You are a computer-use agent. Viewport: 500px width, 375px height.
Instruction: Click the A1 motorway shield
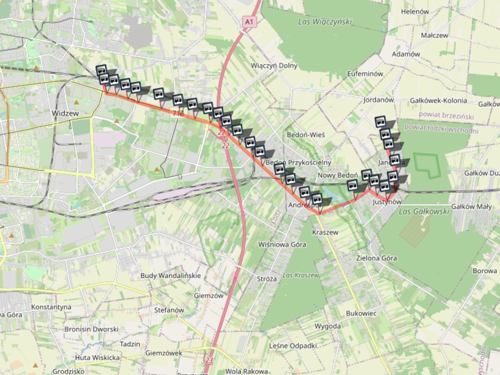[249, 22]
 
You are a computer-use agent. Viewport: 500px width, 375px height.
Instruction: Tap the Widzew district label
[65, 113]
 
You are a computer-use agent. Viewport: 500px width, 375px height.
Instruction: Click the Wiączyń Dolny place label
[274, 66]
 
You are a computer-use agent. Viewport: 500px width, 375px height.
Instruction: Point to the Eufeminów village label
[365, 74]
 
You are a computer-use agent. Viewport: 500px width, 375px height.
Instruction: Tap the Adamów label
[406, 54]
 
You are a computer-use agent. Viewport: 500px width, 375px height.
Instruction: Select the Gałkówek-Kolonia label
[438, 101]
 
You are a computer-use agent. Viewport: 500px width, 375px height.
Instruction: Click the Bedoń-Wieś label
[306, 135]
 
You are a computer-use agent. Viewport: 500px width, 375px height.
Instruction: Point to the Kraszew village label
[325, 232]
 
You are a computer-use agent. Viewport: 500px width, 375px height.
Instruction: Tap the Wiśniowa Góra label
[282, 244]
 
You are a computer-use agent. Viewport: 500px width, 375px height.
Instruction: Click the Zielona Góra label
[376, 258]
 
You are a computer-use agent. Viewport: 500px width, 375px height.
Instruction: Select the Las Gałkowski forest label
[424, 211]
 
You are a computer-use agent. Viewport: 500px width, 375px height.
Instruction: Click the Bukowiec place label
[361, 313]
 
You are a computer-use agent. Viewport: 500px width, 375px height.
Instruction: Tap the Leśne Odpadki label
[293, 346]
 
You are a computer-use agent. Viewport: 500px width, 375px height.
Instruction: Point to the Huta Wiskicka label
[97, 357]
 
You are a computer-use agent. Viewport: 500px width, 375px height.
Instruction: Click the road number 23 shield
[209, 360]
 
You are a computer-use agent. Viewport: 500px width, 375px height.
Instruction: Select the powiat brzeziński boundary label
[446, 115]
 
